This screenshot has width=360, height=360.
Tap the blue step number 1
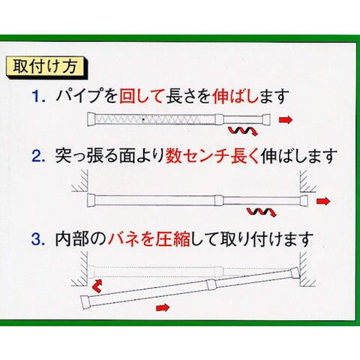(38, 96)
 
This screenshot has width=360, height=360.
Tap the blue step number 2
(38, 155)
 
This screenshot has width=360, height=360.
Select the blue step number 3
(38, 239)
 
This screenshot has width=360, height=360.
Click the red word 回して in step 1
(141, 96)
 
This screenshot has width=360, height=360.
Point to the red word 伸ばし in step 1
(235, 96)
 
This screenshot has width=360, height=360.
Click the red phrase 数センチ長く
(212, 155)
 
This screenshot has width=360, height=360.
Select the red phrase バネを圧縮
(149, 239)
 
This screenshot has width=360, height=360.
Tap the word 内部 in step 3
(72, 239)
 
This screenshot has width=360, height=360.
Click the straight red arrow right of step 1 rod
(286, 120)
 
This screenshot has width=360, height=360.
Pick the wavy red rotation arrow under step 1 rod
(242, 130)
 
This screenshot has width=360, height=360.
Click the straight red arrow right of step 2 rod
(323, 201)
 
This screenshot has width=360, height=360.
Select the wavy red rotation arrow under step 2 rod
(261, 211)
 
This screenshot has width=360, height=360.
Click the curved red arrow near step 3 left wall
(97, 286)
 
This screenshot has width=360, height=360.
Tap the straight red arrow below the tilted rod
(163, 307)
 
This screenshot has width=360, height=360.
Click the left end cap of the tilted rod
(85, 303)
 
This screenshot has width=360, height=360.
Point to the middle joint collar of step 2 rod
(219, 200)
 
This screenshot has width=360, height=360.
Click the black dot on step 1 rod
(143, 120)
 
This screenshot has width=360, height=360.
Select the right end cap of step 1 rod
(266, 119)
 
